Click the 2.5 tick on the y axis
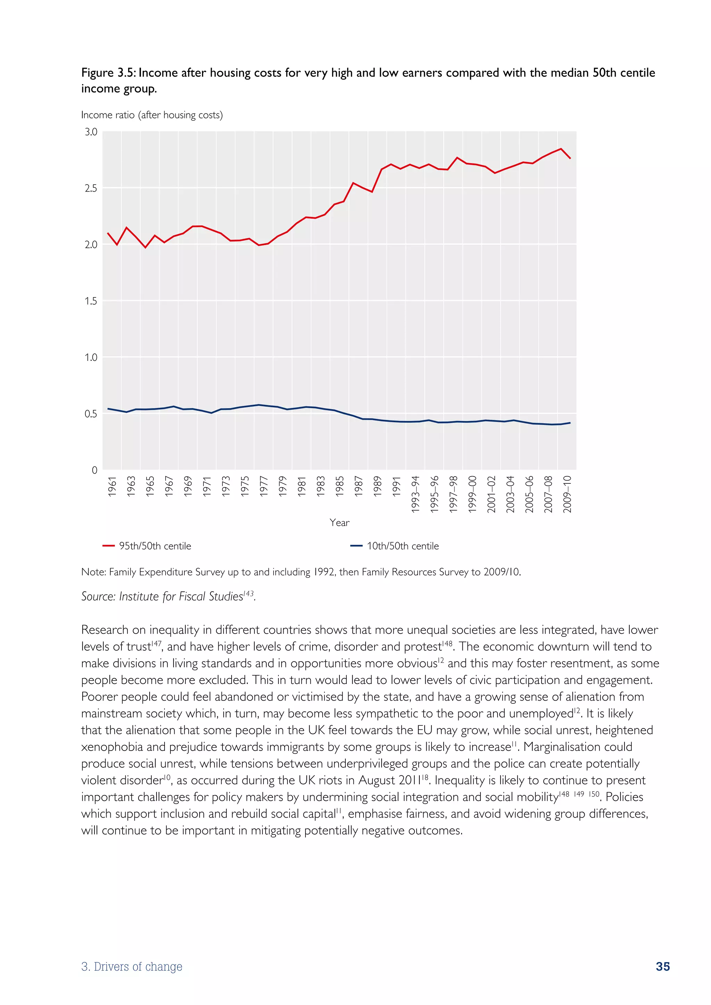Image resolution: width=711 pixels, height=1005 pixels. (91, 188)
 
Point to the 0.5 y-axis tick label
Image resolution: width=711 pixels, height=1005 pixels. (91, 414)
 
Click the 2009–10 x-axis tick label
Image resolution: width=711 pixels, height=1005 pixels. (567, 494)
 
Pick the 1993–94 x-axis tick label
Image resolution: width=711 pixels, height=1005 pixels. (416, 494)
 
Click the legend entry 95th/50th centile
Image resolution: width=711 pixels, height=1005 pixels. (155, 546)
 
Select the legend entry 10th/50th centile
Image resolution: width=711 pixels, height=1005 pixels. (402, 546)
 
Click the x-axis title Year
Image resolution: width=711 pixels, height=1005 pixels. (339, 523)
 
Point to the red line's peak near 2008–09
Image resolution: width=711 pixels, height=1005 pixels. (561, 149)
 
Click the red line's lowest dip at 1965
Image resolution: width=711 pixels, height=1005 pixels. (145, 248)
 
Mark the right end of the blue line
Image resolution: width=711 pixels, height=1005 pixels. (570, 422)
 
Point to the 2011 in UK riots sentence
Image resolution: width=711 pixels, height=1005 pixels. (410, 780)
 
